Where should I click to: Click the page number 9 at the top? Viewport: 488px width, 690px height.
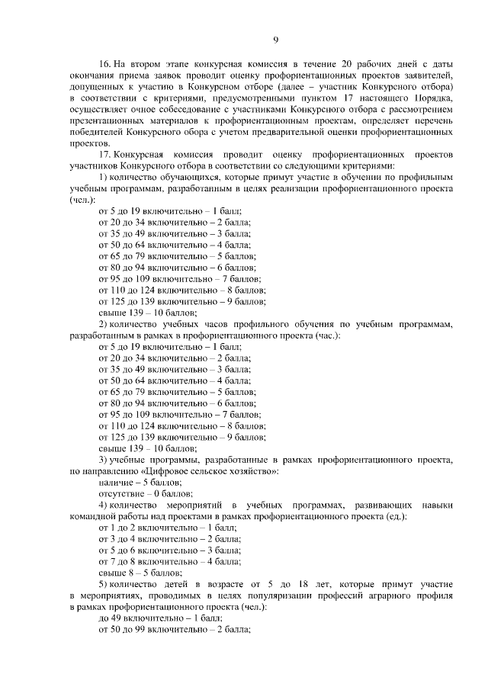click(x=275, y=40)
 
